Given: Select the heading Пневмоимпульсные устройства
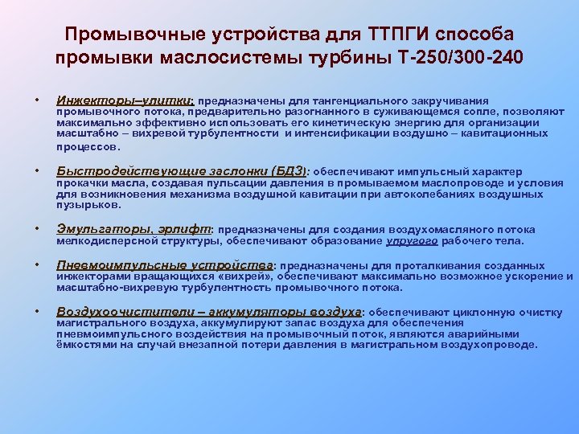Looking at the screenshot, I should pos(165,265).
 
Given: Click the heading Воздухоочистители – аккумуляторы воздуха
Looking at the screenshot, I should pos(209,311).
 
